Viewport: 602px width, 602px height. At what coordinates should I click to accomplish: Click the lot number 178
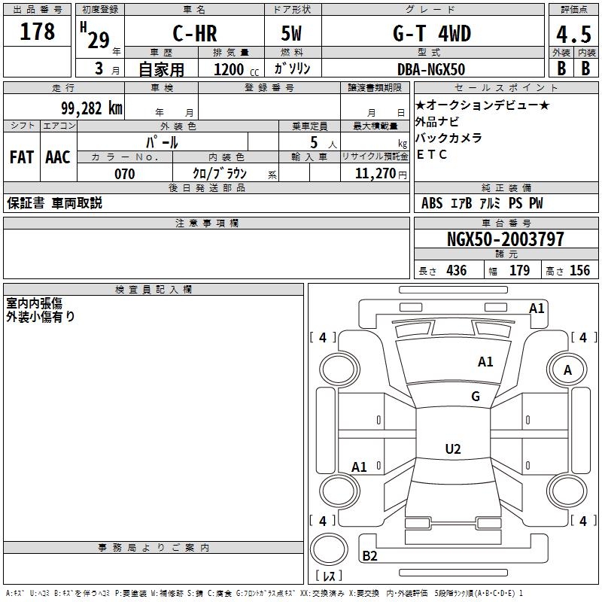point(38,32)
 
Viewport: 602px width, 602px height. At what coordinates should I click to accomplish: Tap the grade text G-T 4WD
point(431,34)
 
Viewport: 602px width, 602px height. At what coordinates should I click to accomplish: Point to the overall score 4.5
point(573,35)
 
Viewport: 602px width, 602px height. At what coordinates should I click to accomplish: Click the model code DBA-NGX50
point(431,69)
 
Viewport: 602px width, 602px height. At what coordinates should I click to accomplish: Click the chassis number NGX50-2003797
point(505,240)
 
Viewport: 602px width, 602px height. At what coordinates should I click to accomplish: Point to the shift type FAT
point(22,157)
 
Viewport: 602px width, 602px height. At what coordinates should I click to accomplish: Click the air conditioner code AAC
point(58,157)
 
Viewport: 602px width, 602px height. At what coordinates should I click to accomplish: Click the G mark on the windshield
point(475,397)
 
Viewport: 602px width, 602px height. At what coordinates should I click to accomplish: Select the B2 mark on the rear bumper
point(369,556)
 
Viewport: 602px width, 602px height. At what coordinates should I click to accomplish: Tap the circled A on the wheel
point(568,369)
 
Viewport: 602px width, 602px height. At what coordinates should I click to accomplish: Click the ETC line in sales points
point(433,155)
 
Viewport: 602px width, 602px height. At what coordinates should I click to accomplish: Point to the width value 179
point(519,271)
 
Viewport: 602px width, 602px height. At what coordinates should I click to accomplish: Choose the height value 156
point(579,271)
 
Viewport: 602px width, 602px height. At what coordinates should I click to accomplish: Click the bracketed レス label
point(329,576)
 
